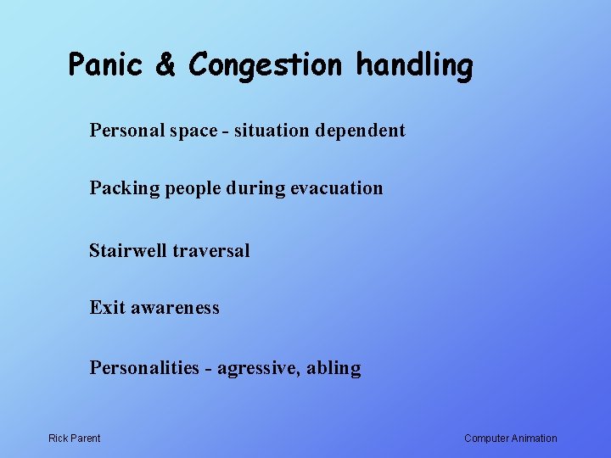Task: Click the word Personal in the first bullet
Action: (x=124, y=131)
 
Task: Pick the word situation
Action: (x=272, y=131)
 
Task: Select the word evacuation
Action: (x=337, y=188)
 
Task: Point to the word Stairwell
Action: (x=128, y=251)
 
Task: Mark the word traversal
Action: (x=211, y=251)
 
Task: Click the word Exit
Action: (x=107, y=308)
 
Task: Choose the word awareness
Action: (x=175, y=308)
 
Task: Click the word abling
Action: (x=334, y=369)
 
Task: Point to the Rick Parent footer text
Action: (x=74, y=438)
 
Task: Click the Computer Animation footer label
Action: (x=511, y=438)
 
